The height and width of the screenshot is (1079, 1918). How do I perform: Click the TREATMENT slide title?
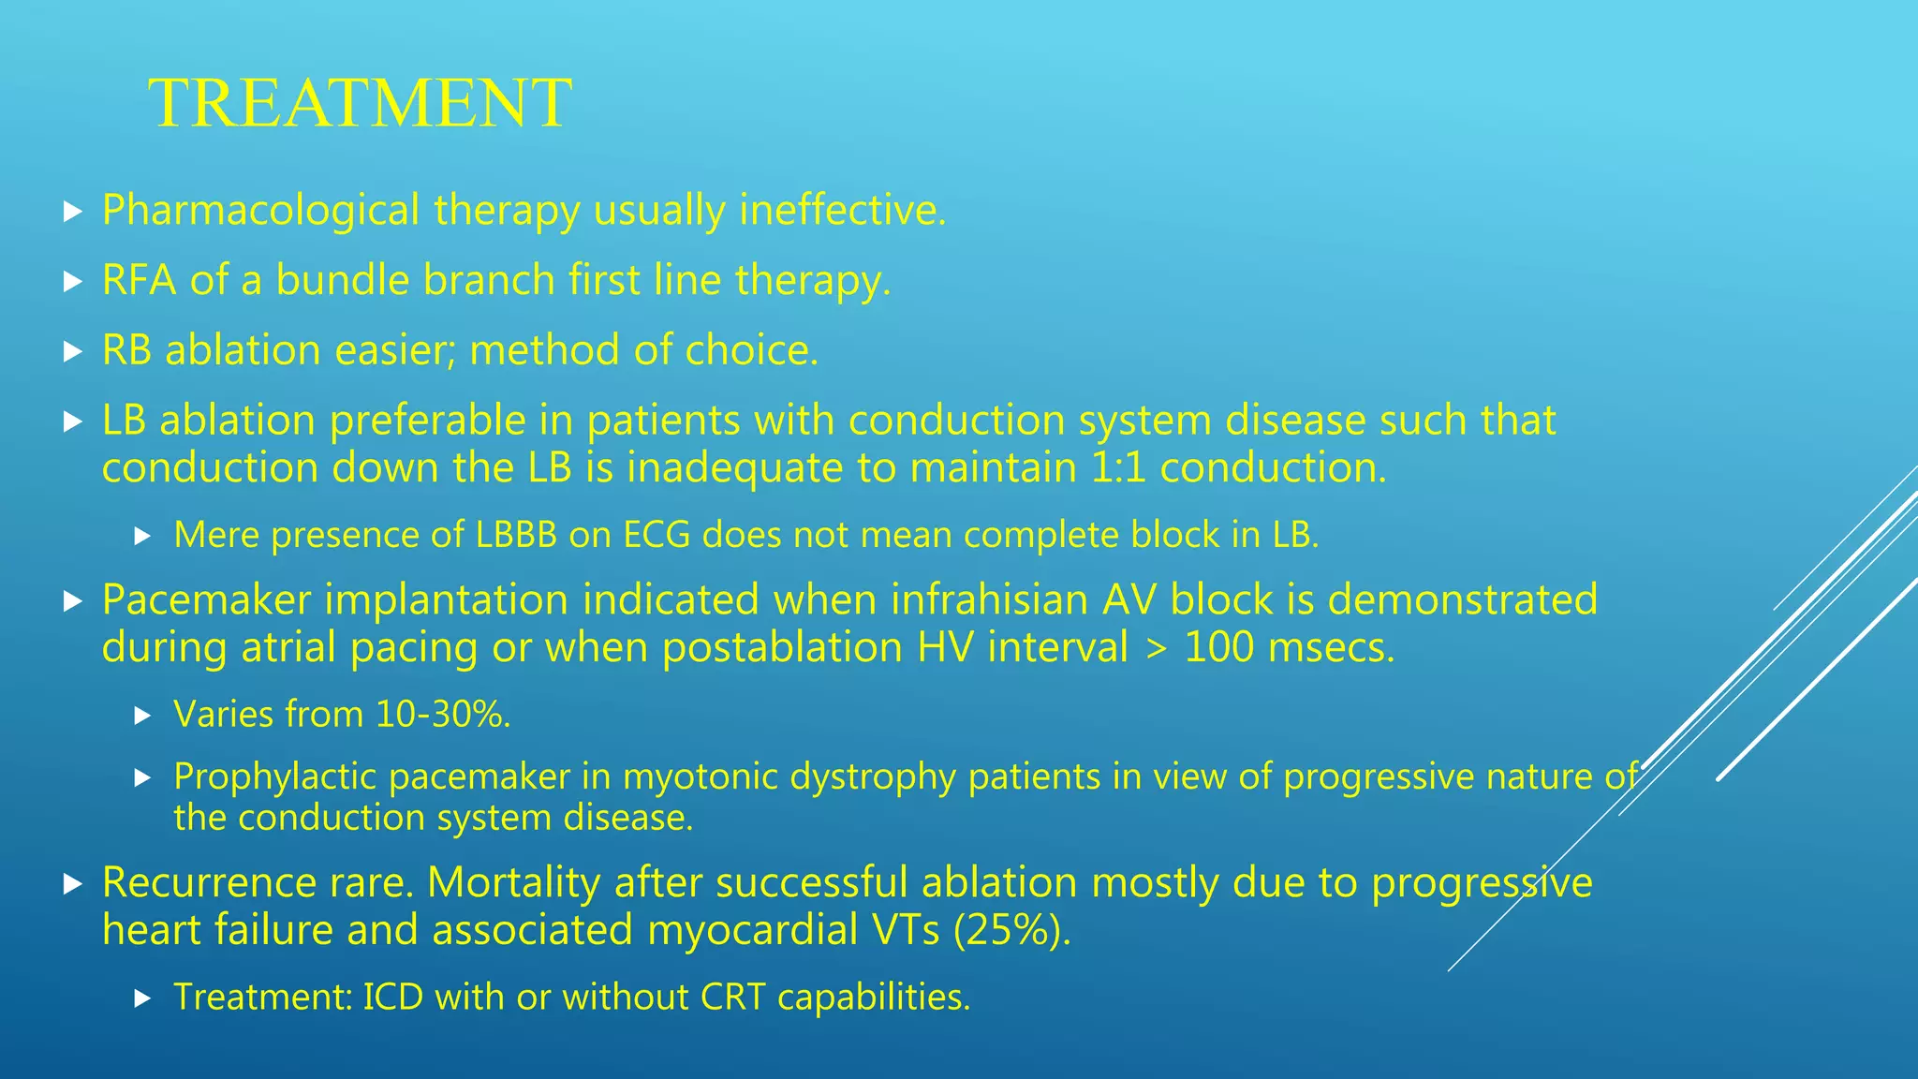pos(360,103)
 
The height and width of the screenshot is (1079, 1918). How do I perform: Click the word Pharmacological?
pos(260,210)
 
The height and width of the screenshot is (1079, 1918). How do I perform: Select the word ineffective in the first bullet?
pos(841,210)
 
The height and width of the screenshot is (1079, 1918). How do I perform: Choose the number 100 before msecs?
pos(1218,648)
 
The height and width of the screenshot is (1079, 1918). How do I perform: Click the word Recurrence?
pos(209,882)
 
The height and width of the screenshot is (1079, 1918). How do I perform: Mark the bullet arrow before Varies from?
pos(142,717)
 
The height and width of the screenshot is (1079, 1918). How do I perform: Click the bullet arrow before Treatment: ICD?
pos(142,998)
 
